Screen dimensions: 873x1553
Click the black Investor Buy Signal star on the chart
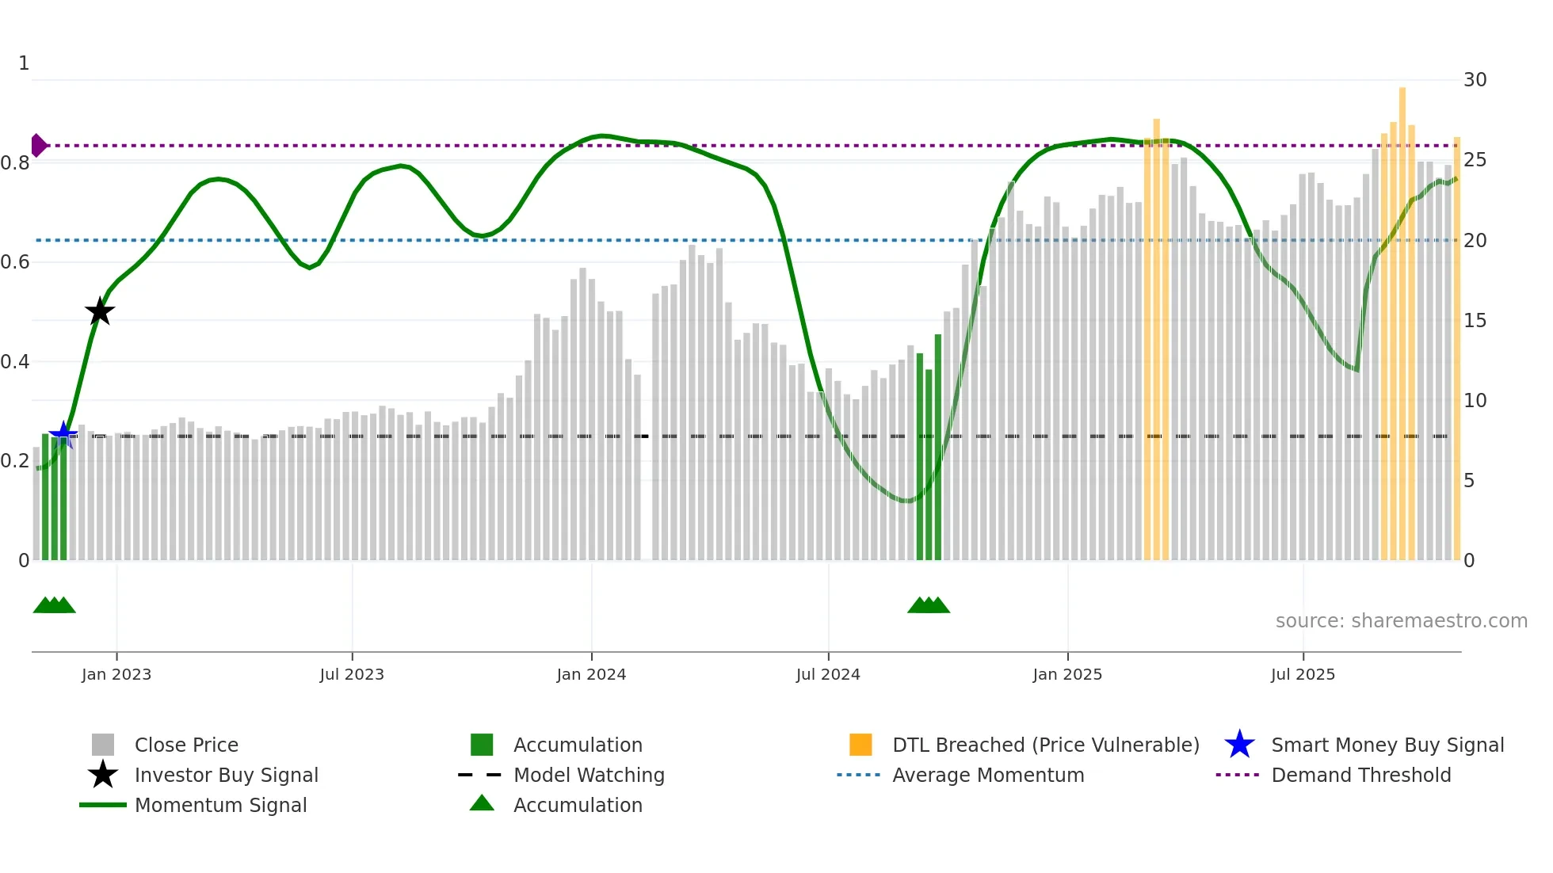(x=100, y=311)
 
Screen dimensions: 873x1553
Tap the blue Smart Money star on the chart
(x=63, y=433)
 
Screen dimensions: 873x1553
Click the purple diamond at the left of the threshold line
(x=38, y=145)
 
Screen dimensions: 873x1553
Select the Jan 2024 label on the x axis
(x=591, y=674)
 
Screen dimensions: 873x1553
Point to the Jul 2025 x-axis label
(x=1303, y=674)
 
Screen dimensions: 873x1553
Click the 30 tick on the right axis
(x=1475, y=80)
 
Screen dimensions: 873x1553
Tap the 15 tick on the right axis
(x=1475, y=321)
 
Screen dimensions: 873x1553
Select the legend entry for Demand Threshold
(x=1360, y=775)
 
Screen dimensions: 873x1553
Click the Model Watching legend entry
(x=589, y=775)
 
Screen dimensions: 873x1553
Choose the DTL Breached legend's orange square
(x=860, y=745)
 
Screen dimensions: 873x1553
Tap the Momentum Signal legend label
(x=220, y=805)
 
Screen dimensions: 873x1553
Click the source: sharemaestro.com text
(x=1401, y=620)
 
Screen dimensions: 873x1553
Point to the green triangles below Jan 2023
(x=54, y=605)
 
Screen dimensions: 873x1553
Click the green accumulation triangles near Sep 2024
(x=928, y=605)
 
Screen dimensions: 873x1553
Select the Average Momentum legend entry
(x=987, y=775)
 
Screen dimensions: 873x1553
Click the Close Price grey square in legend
(x=103, y=745)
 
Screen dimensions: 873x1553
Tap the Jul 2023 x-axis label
(x=352, y=674)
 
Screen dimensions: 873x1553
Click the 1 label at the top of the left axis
(x=24, y=63)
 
